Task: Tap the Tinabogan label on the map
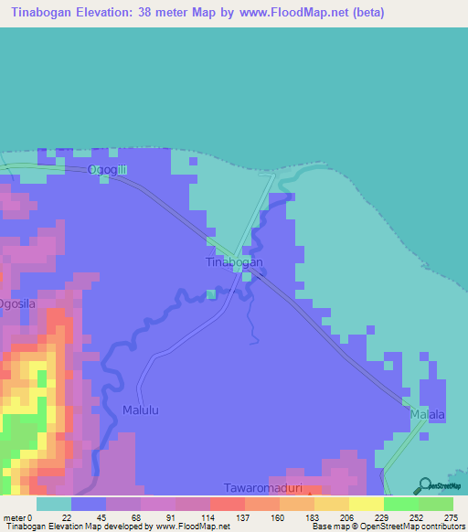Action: [x=233, y=262]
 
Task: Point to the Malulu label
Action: [x=141, y=411]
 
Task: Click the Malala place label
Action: [x=427, y=415]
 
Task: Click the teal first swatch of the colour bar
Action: [x=53, y=505]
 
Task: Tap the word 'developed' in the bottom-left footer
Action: [x=118, y=526]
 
